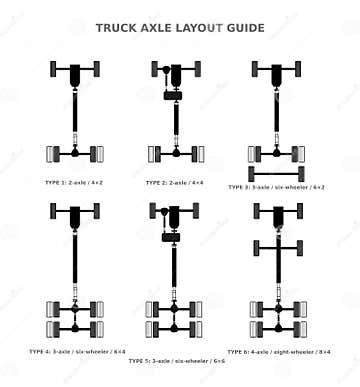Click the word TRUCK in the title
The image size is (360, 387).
(x=116, y=28)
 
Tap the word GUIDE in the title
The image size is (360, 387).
(x=245, y=28)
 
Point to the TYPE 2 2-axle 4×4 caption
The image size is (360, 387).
(x=178, y=183)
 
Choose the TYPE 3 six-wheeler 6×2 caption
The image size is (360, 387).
(x=276, y=186)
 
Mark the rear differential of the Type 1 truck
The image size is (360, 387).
(x=77, y=153)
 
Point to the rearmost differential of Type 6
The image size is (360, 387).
(x=277, y=328)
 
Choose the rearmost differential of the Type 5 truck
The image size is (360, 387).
(x=177, y=328)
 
